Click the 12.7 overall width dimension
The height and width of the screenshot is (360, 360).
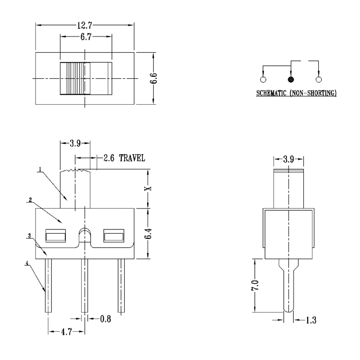(84, 24)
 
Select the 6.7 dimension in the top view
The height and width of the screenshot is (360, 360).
(86, 36)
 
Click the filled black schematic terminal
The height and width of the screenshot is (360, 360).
(290, 80)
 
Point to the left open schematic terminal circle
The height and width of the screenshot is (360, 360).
(263, 80)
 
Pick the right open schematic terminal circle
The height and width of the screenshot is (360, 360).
(318, 80)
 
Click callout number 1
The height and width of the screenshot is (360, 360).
(40, 169)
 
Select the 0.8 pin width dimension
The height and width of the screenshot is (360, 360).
(105, 319)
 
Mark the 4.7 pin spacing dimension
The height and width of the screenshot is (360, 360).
(66, 331)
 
